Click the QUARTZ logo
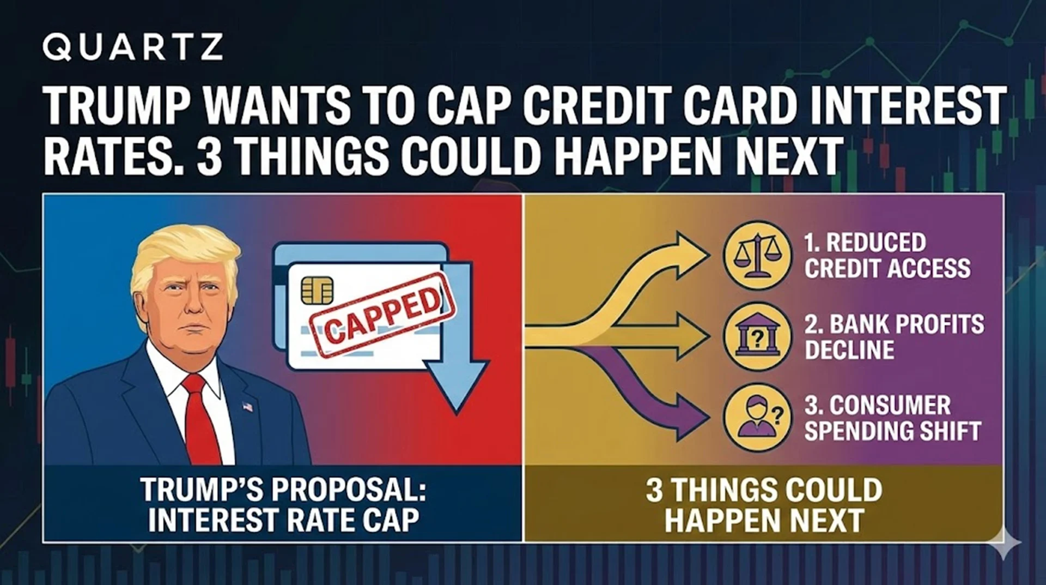coord(132,47)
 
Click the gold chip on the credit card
coord(317,290)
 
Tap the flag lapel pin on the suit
coord(248,407)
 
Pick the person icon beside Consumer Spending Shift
coord(757,418)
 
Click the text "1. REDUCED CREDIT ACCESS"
coord(887,255)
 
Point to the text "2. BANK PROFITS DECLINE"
coord(894,336)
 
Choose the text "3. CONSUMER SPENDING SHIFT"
coord(892,418)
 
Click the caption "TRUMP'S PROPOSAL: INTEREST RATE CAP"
coord(283,504)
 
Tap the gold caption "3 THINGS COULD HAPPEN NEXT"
coord(764,504)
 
